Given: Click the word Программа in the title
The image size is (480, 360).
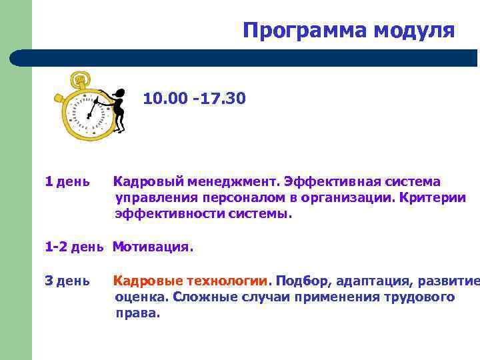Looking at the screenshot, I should click(x=297, y=31).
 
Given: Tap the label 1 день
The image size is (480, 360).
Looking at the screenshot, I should click(x=67, y=181).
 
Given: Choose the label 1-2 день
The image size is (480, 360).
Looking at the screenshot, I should click(x=74, y=247).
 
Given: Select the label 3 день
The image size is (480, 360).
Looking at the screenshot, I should click(x=67, y=280).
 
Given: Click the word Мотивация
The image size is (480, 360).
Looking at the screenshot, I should click(x=153, y=247).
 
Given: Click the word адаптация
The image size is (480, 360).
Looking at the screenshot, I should click(x=369, y=280).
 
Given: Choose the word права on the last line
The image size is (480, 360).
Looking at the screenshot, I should click(x=137, y=313).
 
